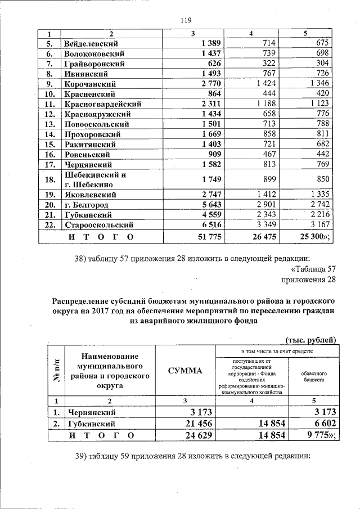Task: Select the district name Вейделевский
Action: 93,43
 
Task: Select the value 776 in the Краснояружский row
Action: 322,114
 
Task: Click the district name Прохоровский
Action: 94,134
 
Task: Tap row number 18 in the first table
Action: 50,179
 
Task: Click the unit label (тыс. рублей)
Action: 312,339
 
